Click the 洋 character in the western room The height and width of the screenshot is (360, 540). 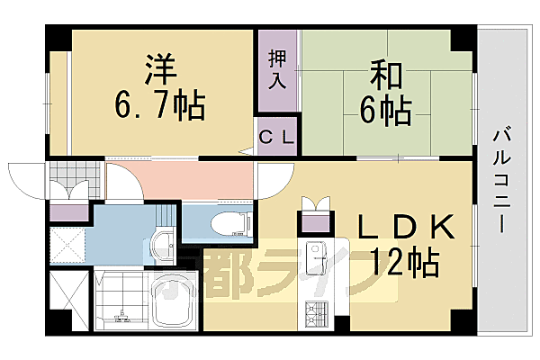pyautogui.click(x=158, y=69)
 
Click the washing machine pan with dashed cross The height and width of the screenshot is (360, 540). pyautogui.click(x=67, y=243)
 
